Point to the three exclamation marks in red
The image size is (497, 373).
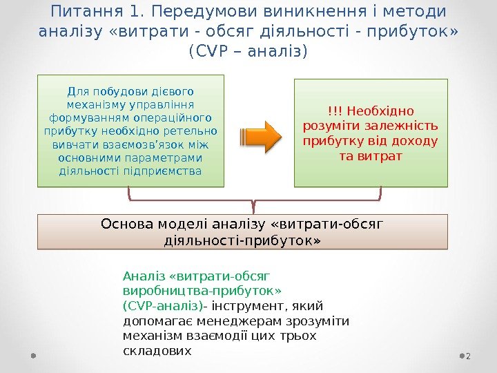click(x=335, y=111)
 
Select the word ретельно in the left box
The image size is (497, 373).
click(x=193, y=131)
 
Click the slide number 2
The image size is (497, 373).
click(x=468, y=355)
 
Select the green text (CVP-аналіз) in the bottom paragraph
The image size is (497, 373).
click(x=163, y=305)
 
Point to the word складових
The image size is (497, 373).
click(x=156, y=350)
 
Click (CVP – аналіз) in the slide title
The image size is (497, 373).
click(x=248, y=52)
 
